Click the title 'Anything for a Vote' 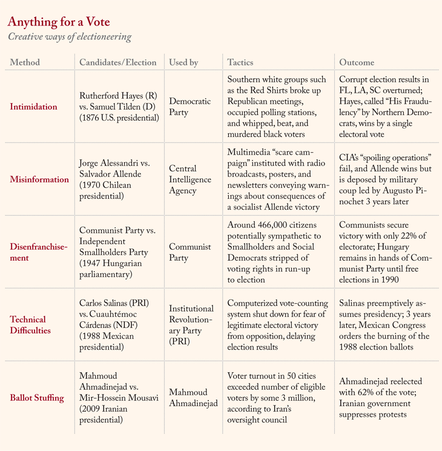pos(59,22)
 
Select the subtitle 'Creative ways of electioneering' pos(69,38)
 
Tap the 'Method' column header pos(25,62)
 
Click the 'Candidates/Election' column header pos(118,62)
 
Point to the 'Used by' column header pos(183,62)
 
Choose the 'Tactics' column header pos(240,62)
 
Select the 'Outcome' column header pos(357,62)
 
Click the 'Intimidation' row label pos(34,107)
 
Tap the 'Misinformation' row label pos(39,179)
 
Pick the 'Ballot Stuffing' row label pos(38,398)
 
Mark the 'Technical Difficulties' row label pos(28,325)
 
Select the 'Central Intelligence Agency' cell pos(190,179)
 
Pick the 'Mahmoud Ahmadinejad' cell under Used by pos(193,398)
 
